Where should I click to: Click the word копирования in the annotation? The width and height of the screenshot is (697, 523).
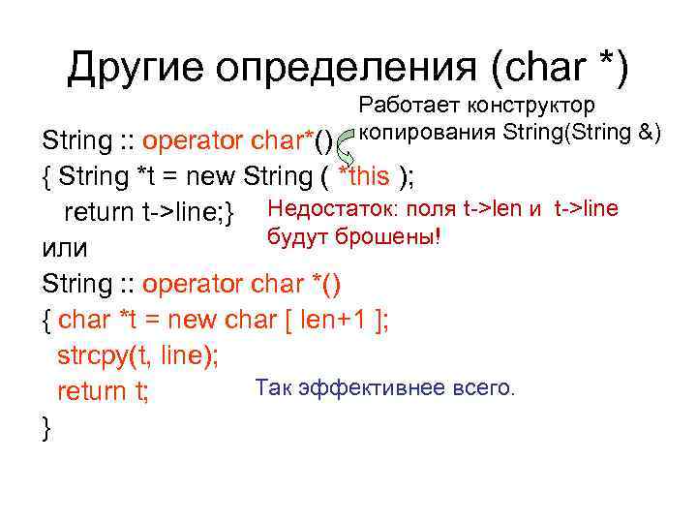(x=427, y=131)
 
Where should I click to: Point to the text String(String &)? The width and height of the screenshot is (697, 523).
(x=582, y=131)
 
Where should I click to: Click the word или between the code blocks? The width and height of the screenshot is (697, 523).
(x=66, y=249)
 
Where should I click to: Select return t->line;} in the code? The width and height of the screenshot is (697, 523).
(x=150, y=213)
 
